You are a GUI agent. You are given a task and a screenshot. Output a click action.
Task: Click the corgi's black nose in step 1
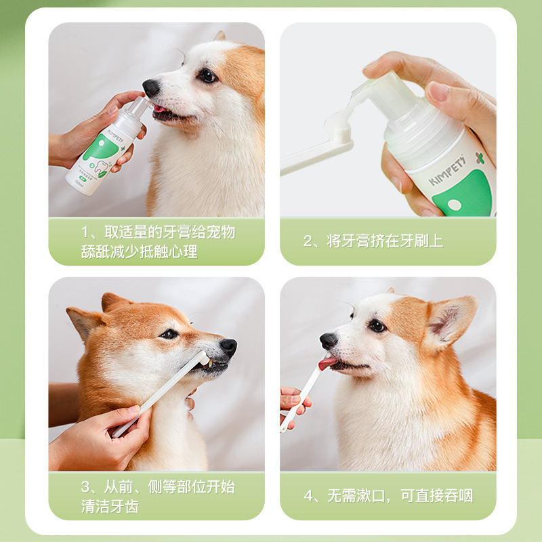click(x=151, y=88)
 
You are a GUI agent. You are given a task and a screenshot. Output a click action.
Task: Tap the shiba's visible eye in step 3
click(x=168, y=334)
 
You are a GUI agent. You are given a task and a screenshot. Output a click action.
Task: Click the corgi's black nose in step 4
click(x=329, y=340)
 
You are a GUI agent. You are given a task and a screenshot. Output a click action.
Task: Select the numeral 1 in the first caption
click(x=85, y=233)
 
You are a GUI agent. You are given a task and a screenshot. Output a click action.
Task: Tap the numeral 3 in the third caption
click(x=85, y=487)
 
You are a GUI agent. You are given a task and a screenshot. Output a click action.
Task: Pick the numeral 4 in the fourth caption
click(x=308, y=496)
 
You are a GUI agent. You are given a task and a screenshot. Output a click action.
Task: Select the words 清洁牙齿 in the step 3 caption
click(x=110, y=506)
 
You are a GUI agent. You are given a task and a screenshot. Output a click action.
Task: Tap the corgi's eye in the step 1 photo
click(x=207, y=75)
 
